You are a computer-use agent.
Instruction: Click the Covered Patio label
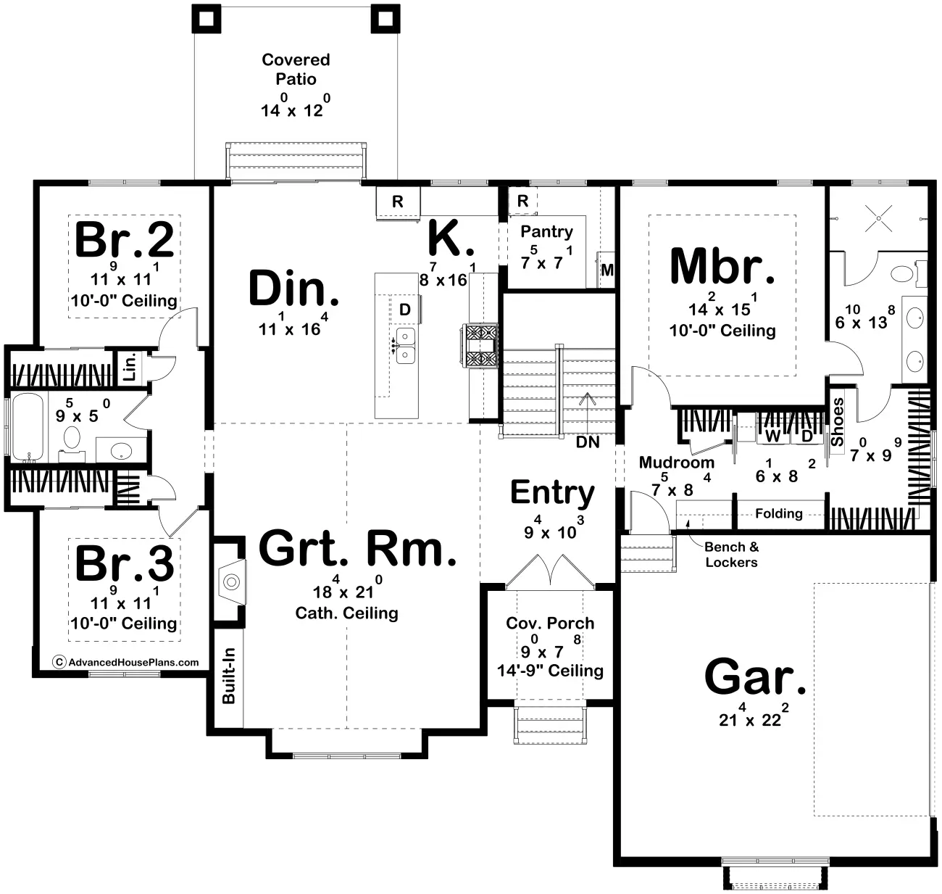click(x=296, y=69)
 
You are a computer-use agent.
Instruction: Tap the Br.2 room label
click(x=125, y=240)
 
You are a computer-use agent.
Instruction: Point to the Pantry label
click(x=546, y=231)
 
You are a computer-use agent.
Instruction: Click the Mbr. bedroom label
click(x=722, y=266)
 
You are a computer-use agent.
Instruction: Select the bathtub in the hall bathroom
click(x=28, y=427)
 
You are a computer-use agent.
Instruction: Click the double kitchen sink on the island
click(x=405, y=345)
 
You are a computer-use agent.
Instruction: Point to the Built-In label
click(x=229, y=675)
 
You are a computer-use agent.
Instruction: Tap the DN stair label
click(x=588, y=442)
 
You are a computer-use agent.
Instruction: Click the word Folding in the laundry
click(x=779, y=513)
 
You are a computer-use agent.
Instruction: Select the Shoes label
click(x=837, y=422)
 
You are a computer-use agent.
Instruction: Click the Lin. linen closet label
click(x=130, y=367)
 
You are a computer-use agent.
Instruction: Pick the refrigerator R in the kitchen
click(x=398, y=202)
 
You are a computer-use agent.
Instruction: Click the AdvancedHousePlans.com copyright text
click(x=125, y=663)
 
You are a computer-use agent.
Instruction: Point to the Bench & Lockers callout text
click(x=732, y=555)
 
